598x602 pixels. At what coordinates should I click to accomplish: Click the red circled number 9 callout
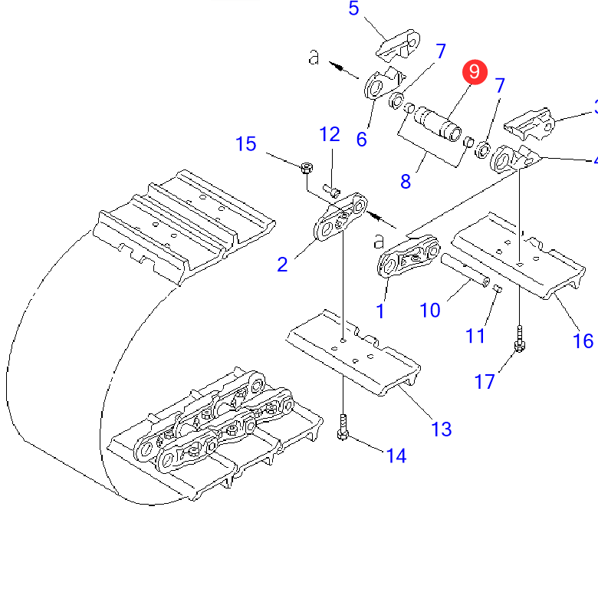(x=474, y=71)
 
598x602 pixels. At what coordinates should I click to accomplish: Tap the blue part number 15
(x=245, y=143)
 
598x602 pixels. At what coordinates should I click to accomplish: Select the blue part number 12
(x=330, y=135)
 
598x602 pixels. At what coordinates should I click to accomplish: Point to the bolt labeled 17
(x=519, y=339)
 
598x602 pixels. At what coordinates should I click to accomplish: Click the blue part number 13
(x=442, y=428)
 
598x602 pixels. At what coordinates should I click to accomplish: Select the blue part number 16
(x=583, y=340)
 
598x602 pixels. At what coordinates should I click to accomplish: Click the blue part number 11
(x=475, y=335)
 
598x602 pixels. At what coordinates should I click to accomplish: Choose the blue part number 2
(x=282, y=265)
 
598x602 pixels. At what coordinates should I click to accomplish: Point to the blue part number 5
(x=353, y=9)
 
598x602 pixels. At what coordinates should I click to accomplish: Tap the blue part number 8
(x=406, y=182)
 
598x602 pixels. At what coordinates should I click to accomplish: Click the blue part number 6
(x=361, y=139)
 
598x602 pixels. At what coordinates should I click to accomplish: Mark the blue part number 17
(x=485, y=381)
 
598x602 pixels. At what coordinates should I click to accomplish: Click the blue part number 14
(x=395, y=456)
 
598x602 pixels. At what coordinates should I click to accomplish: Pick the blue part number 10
(x=430, y=310)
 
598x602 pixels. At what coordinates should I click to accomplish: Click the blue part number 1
(x=380, y=311)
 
